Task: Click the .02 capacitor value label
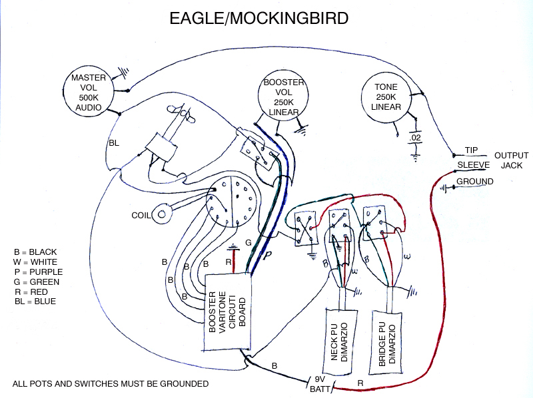[416, 138]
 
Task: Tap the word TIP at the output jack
[472, 150]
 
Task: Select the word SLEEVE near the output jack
[474, 164]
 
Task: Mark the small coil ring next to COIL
[162, 214]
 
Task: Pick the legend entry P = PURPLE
[39, 272]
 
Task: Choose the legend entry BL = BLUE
[35, 301]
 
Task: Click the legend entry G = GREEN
[37, 282]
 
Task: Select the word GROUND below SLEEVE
[475, 182]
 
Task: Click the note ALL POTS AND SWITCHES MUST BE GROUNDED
[111, 383]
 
